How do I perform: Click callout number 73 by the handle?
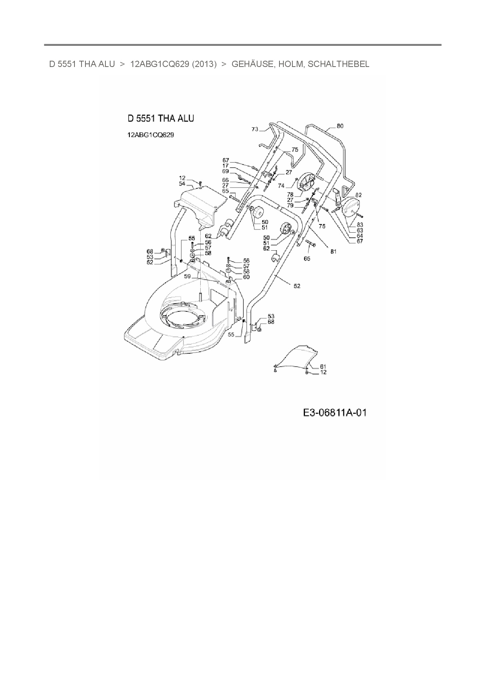coord(255,129)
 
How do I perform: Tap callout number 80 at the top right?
coord(340,126)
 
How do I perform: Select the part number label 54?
coord(182,184)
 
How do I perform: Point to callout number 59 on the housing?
coord(187,276)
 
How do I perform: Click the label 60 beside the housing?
coord(246,277)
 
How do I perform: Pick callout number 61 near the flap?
coord(323,367)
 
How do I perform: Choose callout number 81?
coord(333,252)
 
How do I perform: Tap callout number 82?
coord(358,195)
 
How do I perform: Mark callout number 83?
coord(359,225)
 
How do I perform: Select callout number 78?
coord(290,195)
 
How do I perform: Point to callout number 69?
coord(225,172)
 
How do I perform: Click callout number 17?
coord(226,166)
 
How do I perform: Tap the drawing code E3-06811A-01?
coord(335,413)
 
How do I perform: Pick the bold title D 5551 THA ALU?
coord(161,118)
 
